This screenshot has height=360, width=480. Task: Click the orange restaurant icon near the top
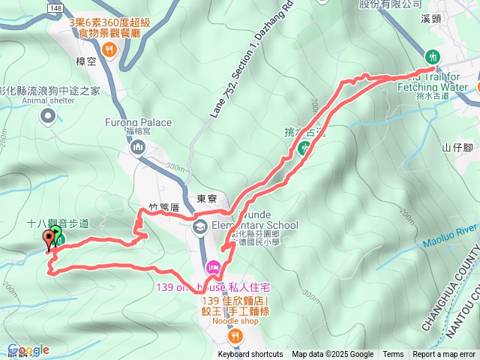point(109,50)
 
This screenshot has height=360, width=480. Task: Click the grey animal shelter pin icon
point(49,115)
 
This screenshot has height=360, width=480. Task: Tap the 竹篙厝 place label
point(163,206)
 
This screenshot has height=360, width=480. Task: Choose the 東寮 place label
point(207,199)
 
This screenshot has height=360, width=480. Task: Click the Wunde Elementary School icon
point(201,226)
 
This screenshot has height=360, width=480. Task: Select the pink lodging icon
point(213,267)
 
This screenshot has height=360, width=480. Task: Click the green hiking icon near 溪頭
point(432,56)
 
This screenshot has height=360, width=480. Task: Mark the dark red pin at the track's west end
point(50,239)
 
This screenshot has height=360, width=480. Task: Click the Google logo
point(28,350)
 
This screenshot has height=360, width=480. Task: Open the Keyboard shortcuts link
point(250,355)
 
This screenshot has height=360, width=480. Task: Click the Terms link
point(393,355)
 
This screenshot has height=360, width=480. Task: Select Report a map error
point(445,355)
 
